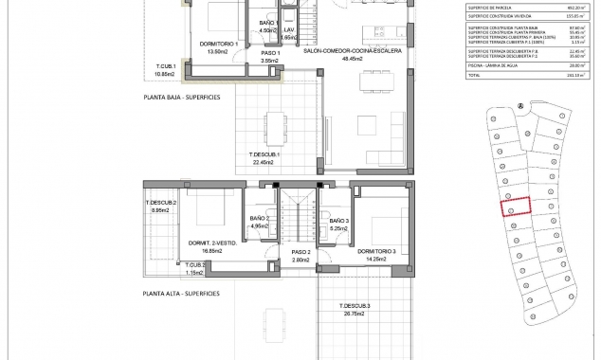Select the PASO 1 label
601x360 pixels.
point(269,53)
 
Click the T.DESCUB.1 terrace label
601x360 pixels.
point(263,154)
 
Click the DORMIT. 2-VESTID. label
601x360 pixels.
point(211,243)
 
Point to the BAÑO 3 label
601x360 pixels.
point(339,220)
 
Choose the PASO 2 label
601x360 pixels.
point(274,252)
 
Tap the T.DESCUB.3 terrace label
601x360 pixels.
point(355,305)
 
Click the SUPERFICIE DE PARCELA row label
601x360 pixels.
point(491,8)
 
